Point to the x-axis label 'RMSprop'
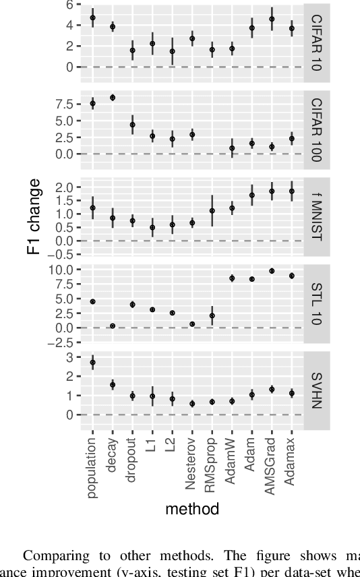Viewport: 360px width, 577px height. tap(212, 466)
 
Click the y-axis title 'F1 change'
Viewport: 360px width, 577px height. tap(33, 217)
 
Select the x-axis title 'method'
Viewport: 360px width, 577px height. tap(192, 510)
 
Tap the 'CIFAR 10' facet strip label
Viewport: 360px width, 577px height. tap(316, 42)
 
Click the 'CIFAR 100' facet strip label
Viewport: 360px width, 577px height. tap(316, 129)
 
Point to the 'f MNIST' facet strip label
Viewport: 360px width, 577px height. tap(316, 217)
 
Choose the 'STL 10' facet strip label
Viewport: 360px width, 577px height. tap(316, 305)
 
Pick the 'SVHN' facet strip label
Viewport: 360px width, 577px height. tap(316, 392)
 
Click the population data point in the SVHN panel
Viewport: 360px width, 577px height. tap(93, 363)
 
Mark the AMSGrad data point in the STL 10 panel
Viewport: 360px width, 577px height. tap(272, 271)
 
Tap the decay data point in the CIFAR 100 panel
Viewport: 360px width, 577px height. tap(113, 98)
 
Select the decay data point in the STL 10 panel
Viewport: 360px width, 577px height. tap(113, 326)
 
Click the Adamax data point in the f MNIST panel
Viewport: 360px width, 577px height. tap(292, 191)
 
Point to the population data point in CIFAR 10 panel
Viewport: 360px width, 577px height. tap(93, 18)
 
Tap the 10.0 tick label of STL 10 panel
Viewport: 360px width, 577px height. tap(62, 270)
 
